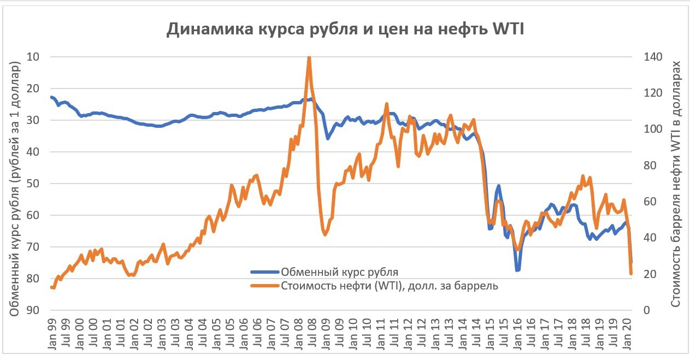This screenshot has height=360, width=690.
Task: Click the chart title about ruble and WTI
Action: point(345,29)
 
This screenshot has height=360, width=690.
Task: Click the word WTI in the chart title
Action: point(508,29)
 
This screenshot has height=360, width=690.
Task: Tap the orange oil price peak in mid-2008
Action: point(309,57)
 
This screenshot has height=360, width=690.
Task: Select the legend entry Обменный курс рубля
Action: point(339,272)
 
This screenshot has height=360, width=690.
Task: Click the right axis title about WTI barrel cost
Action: point(675,183)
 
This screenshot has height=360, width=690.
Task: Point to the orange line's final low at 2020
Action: point(631,273)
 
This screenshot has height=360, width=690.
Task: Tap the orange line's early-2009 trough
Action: point(325,234)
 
